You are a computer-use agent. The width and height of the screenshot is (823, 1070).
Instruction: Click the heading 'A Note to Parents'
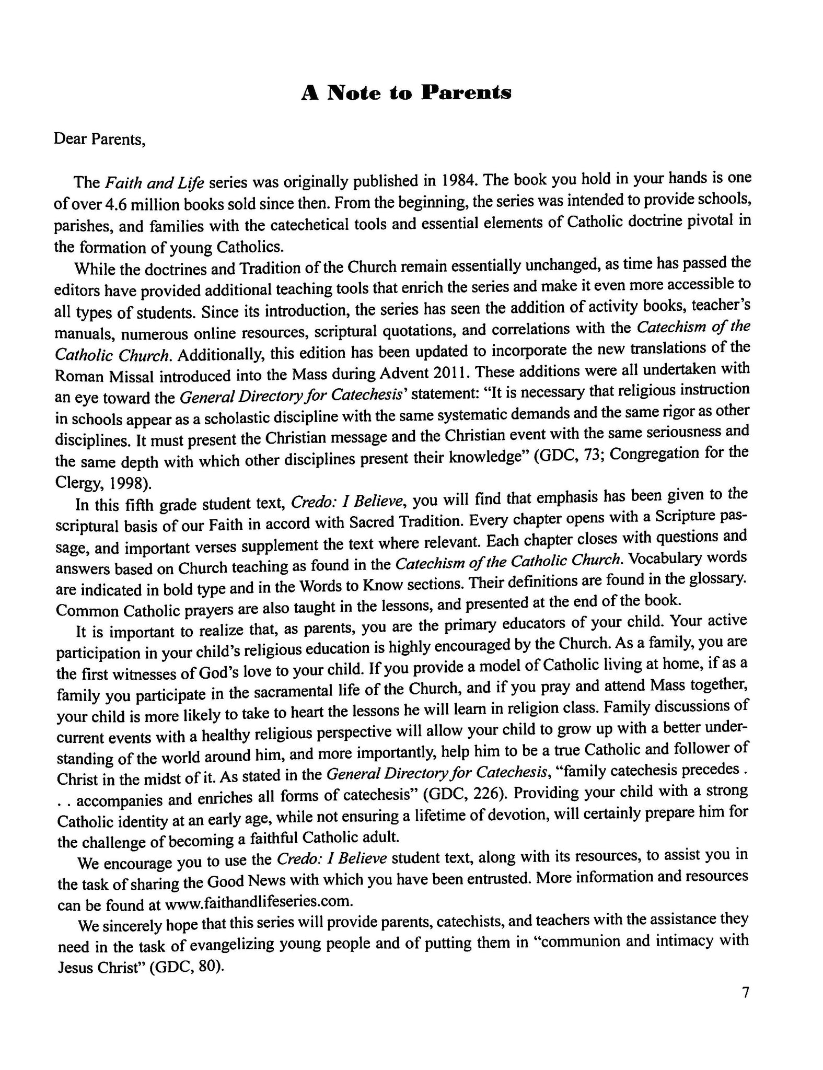pyautogui.click(x=406, y=93)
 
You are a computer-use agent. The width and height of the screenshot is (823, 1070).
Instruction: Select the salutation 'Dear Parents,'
pyautogui.click(x=99, y=140)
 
